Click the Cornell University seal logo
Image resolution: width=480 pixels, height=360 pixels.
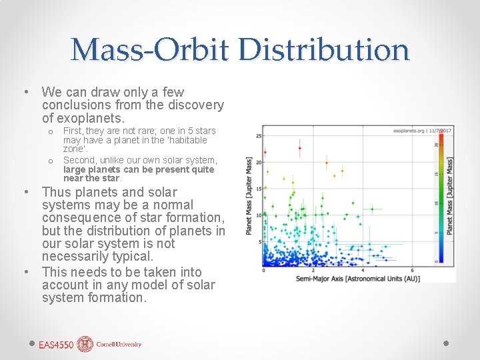(x=85, y=344)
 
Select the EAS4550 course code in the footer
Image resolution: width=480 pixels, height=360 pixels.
(x=56, y=345)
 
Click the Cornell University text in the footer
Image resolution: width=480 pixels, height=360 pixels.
(x=119, y=345)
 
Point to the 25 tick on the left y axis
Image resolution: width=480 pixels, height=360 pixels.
(x=259, y=136)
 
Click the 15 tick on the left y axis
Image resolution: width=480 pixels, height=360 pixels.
(x=259, y=188)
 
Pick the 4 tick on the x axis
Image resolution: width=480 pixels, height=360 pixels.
(x=363, y=270)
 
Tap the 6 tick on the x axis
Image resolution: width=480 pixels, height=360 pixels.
(x=413, y=270)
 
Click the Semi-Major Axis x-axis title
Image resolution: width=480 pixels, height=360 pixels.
(x=358, y=278)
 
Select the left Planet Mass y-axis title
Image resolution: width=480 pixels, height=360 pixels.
(x=249, y=195)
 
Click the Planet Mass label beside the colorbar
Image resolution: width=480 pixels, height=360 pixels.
(x=450, y=195)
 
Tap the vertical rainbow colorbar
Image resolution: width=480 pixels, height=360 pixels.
(x=439, y=200)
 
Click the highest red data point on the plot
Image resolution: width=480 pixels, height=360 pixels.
(x=300, y=148)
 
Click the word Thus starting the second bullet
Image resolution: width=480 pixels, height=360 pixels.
(x=56, y=192)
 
